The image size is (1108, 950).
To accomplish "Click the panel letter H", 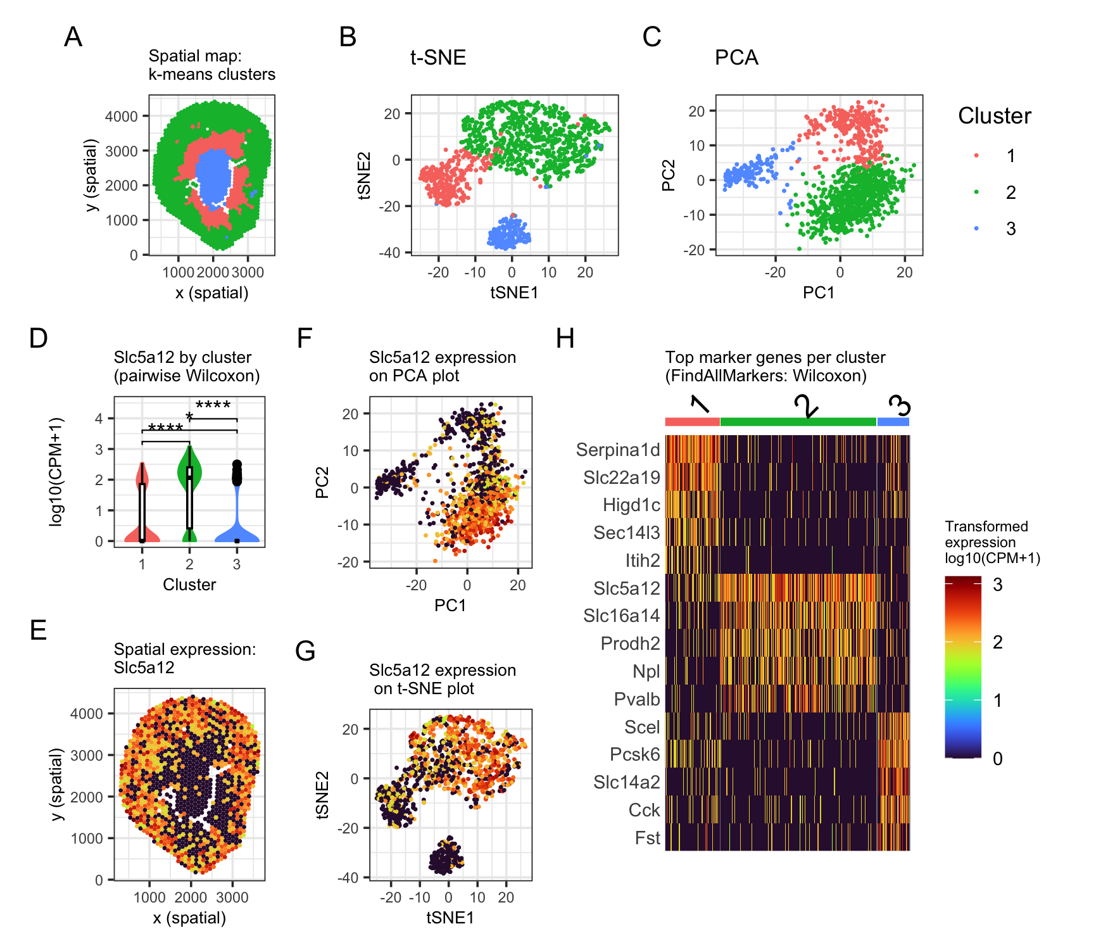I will click(565, 339).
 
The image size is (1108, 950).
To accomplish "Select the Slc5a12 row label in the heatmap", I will click(626, 588).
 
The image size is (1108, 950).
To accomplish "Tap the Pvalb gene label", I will click(636, 699).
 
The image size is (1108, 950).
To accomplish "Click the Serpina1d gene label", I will click(617, 450).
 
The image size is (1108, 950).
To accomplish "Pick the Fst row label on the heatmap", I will click(647, 838).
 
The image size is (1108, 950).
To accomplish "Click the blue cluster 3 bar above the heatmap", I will click(893, 422).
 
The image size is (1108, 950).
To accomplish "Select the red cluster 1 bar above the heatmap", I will click(692, 422).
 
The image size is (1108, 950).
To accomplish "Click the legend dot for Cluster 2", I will click(976, 192).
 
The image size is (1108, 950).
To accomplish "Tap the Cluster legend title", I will click(994, 116).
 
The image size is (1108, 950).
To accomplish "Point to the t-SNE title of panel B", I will click(438, 58).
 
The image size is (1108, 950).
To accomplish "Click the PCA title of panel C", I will click(736, 58).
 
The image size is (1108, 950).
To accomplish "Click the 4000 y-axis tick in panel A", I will click(121, 117).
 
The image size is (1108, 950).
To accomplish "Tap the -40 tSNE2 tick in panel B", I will click(389, 253).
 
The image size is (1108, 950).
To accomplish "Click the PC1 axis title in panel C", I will click(819, 293).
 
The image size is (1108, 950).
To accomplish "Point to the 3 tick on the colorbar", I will click(997, 585).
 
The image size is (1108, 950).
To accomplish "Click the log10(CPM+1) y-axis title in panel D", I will click(56, 472).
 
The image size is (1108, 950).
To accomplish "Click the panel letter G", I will click(305, 651).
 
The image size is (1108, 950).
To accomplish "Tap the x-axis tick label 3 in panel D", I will click(237, 564).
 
